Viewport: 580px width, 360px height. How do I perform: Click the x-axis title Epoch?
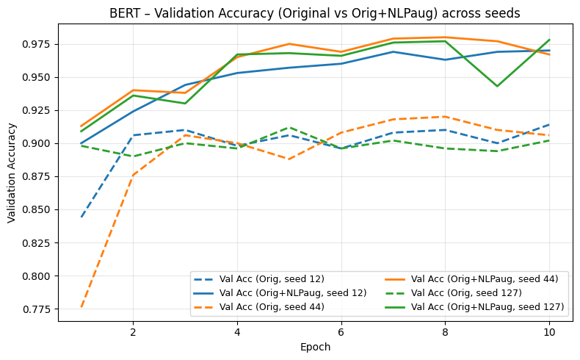click(x=315, y=348)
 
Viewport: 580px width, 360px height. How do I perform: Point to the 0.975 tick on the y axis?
click(x=35, y=44)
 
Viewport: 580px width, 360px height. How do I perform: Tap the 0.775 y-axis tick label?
click(x=35, y=309)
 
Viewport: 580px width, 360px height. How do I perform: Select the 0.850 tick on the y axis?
click(x=35, y=210)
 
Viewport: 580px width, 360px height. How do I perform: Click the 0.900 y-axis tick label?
click(x=35, y=143)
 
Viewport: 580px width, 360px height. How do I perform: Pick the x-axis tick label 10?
click(x=549, y=333)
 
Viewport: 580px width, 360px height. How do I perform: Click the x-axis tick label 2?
click(x=133, y=333)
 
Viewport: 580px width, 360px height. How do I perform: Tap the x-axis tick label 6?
click(x=341, y=333)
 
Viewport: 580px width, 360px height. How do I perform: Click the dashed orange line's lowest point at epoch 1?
click(x=81, y=307)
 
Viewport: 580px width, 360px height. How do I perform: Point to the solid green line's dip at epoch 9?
click(x=497, y=86)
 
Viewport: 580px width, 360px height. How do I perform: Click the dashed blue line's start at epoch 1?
click(x=81, y=217)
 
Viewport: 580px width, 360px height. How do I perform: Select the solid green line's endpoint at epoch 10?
click(x=549, y=40)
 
